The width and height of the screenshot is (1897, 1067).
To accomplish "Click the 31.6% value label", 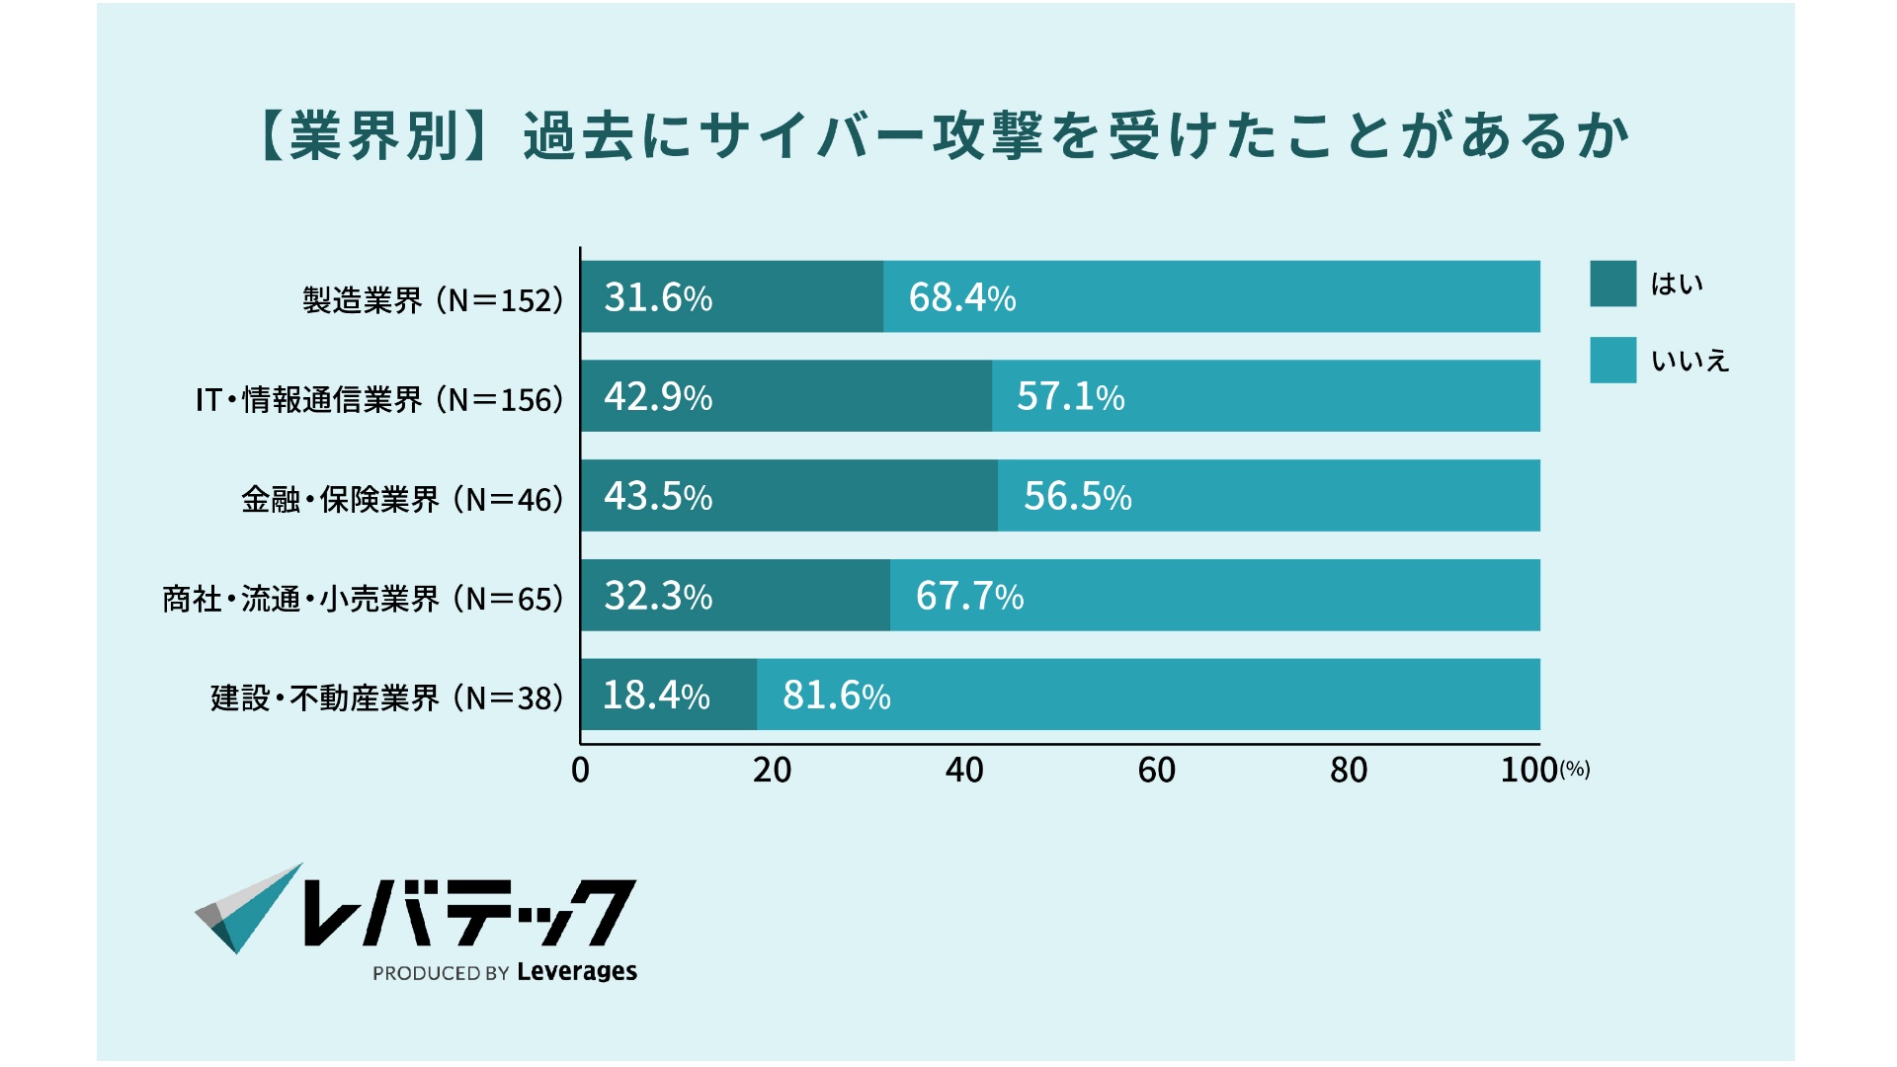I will tap(658, 297).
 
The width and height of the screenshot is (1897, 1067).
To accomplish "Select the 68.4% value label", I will tap(961, 297).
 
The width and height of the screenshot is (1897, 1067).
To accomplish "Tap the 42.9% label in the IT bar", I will tap(658, 397).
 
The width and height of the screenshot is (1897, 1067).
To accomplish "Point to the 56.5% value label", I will tap(1077, 496).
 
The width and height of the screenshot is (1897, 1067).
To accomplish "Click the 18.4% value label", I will tap(656, 696).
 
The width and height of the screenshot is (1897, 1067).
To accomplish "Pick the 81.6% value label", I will tap(836, 696).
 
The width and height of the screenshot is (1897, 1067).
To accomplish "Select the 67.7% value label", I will tap(969, 596).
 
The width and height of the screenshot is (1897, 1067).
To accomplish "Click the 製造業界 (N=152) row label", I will tap(433, 299).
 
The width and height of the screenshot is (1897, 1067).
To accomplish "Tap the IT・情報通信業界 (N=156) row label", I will tap(379, 399).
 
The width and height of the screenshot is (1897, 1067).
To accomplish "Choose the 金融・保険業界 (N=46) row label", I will tap(402, 499).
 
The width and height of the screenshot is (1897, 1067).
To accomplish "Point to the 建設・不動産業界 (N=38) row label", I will tap(386, 698).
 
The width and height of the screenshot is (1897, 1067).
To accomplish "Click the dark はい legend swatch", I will tap(1612, 284).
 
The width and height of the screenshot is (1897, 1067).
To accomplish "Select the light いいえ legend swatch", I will tap(1612, 360).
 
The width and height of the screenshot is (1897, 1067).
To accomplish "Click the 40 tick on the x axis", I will tap(964, 770).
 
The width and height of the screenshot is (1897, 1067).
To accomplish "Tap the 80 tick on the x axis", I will tap(1349, 770).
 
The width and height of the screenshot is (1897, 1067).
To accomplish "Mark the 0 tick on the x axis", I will tap(580, 770).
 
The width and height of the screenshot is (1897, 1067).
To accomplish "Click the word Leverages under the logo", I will tap(577, 971).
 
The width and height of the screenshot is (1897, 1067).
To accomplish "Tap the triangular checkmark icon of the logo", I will tap(247, 909).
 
